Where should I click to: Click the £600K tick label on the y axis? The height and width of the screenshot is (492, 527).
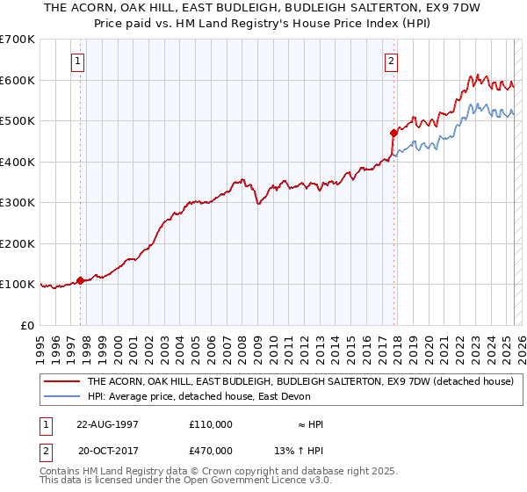(18, 80)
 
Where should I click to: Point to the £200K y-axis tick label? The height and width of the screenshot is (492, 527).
(18, 243)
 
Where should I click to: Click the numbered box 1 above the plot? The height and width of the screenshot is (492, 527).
(79, 61)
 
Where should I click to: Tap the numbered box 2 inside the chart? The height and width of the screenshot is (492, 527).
(390, 61)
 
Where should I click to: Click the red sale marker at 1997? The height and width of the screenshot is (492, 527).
(81, 280)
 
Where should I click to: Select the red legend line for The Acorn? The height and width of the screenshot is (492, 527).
(61, 381)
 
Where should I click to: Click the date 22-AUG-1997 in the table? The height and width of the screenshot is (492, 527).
(107, 423)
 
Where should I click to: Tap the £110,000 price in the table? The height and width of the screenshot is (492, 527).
(211, 423)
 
